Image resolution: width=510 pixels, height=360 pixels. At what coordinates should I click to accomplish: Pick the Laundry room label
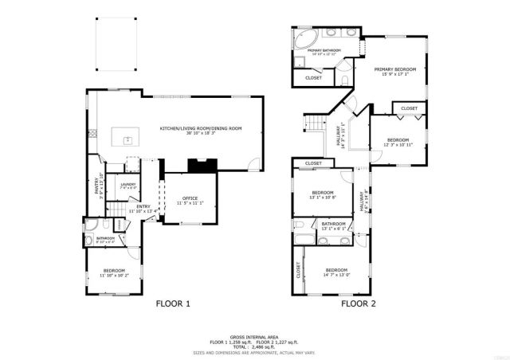point(128,186)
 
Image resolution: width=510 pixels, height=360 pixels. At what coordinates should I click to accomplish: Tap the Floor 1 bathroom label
point(106,239)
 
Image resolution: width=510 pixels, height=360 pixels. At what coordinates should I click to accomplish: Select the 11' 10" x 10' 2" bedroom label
point(114,273)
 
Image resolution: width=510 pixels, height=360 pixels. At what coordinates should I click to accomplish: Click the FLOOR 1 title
point(173,303)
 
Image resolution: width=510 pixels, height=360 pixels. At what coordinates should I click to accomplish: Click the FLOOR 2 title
point(359,303)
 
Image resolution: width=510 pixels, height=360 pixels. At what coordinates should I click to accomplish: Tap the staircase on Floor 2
point(316,124)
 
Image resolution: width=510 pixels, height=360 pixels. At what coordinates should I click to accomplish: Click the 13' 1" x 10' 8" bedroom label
point(323,194)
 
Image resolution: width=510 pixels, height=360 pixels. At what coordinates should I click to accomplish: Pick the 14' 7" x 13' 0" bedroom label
point(336,272)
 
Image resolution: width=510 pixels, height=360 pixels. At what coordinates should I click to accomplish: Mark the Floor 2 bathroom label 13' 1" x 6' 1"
point(333,226)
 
